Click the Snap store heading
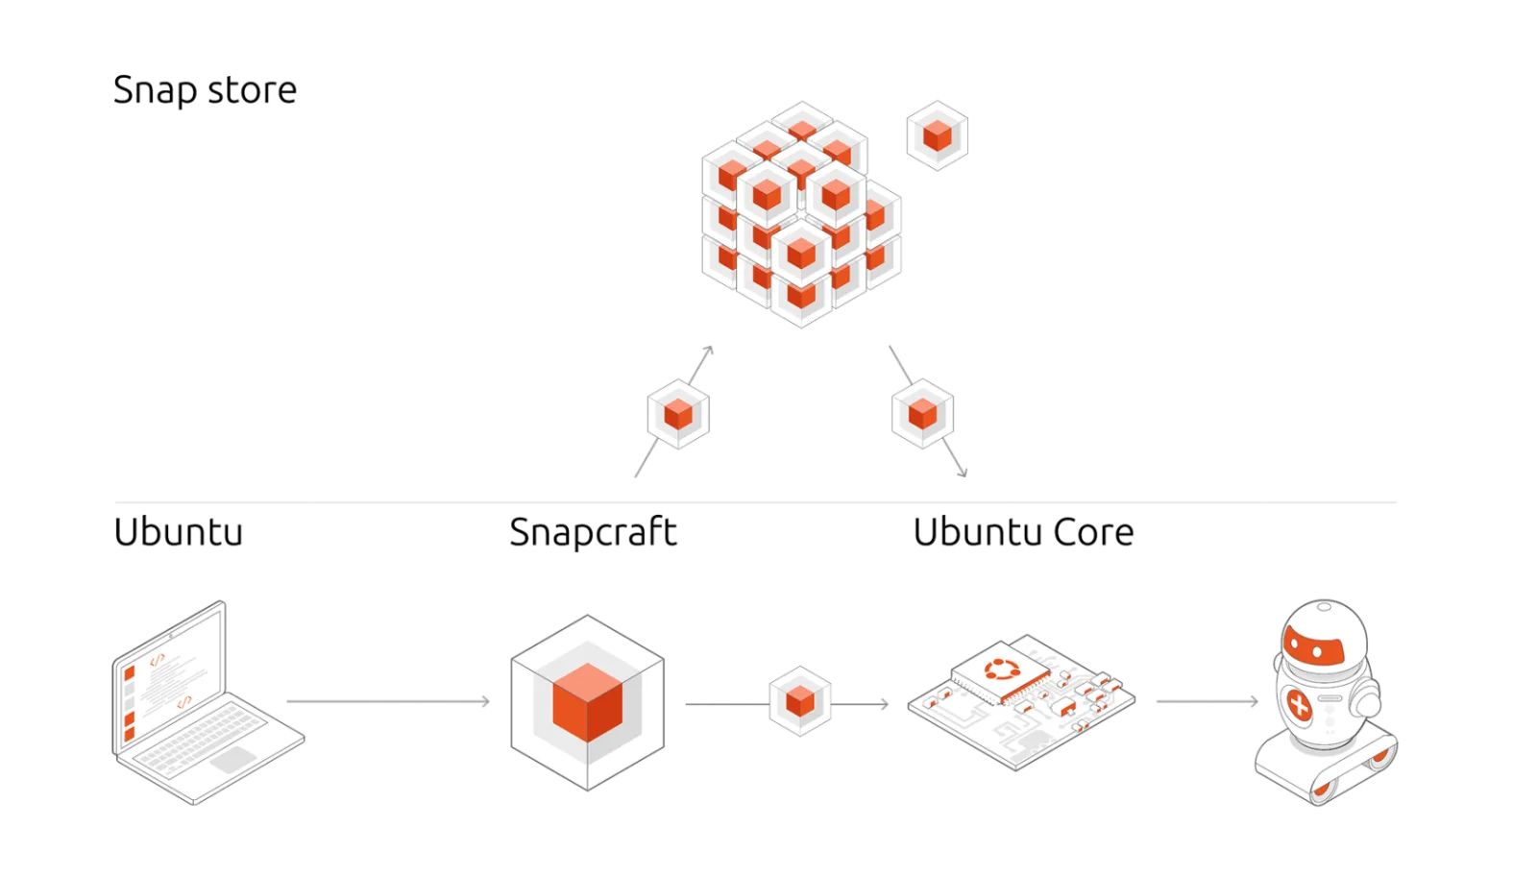[x=205, y=90]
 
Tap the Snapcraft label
[x=594, y=532]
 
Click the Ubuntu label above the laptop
[x=179, y=532]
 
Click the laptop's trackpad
[x=233, y=760]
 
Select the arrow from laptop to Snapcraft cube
[x=388, y=701]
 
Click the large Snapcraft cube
[x=587, y=702]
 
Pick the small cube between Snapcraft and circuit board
[x=800, y=701]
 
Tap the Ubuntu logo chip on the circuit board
[x=1002, y=670]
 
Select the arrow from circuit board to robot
[x=1208, y=701]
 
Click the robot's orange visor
[x=1314, y=646]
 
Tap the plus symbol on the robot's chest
[x=1299, y=705]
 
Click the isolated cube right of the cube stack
[x=938, y=135]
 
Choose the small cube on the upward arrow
[x=678, y=414]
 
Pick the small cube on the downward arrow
[x=923, y=414]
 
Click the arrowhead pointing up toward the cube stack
[x=710, y=350]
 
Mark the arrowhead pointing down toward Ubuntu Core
[x=964, y=472]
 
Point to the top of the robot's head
[x=1325, y=606]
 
